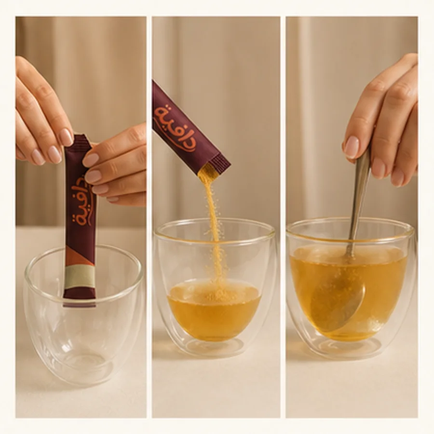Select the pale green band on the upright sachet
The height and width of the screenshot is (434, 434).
[80, 276]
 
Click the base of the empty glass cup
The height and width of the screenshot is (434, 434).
[83, 368]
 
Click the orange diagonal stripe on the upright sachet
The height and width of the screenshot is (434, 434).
[80, 255]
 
